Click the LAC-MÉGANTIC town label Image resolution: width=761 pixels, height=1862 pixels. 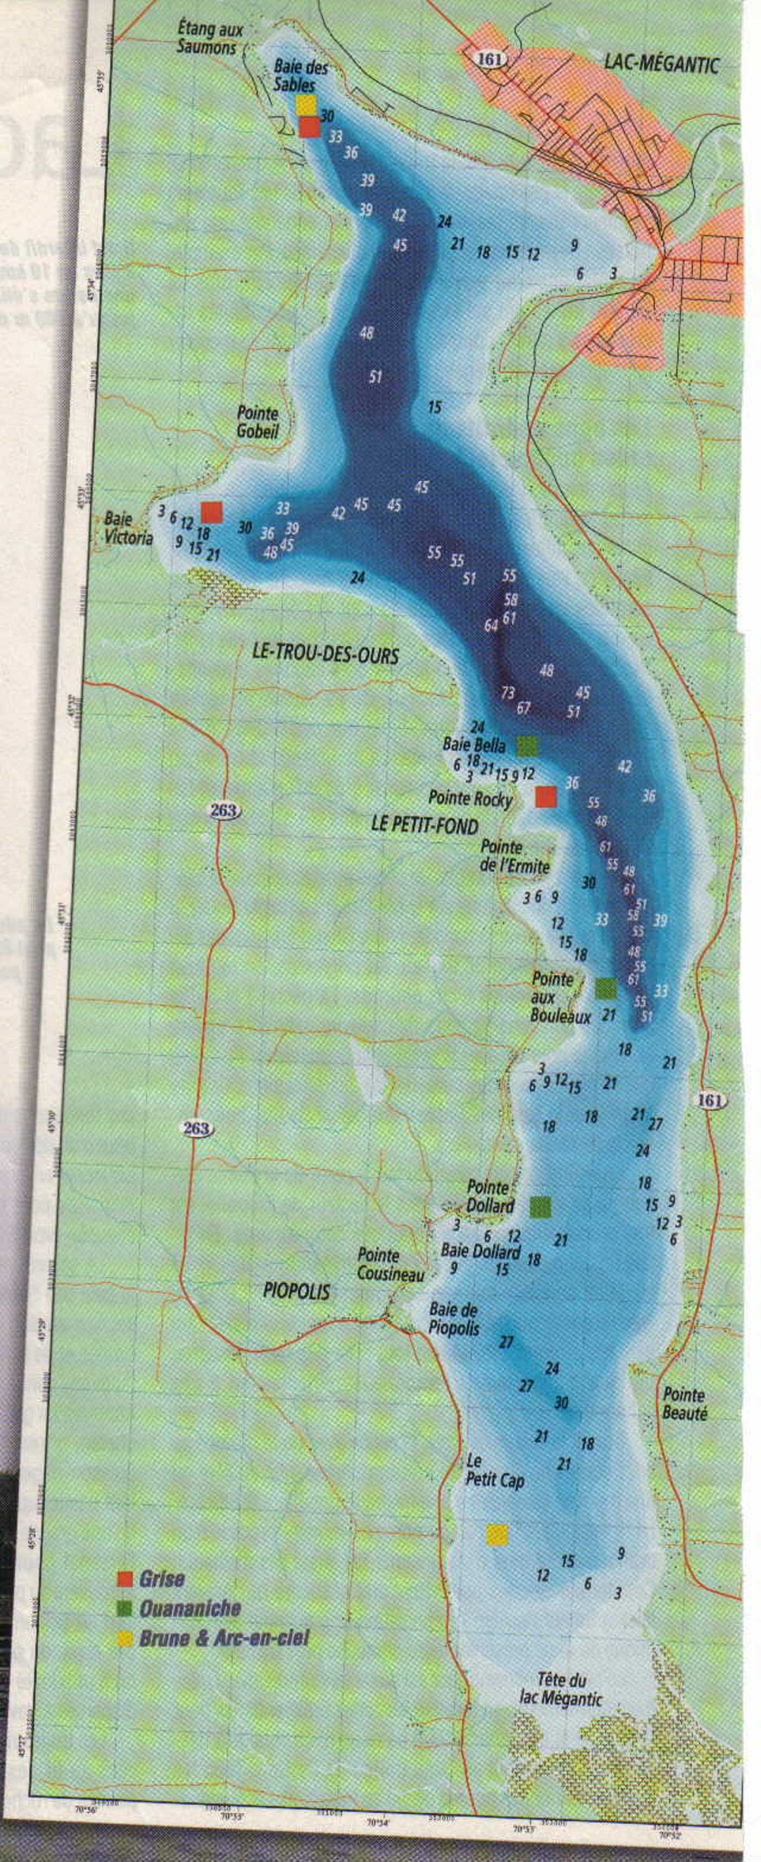[661, 66]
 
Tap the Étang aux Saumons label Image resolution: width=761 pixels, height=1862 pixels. [211, 38]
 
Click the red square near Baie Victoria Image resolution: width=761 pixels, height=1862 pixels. [212, 512]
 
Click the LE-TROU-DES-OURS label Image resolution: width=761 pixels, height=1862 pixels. [325, 655]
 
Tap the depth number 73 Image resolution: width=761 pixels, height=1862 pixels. [508, 692]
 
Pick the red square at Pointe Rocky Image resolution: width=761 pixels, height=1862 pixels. [547, 796]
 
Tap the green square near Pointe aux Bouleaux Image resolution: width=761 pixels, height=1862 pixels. [606, 987]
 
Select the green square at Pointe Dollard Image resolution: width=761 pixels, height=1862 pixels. [540, 1206]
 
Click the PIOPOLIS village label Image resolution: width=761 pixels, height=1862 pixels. [296, 1291]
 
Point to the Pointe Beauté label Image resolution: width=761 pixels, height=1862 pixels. [684, 1404]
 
